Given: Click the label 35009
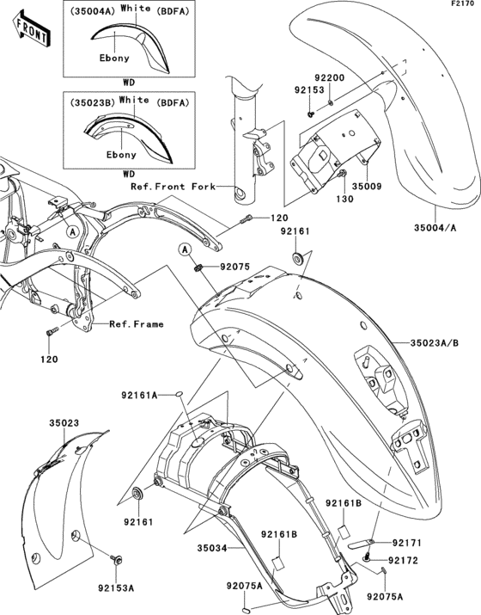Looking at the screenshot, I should click(x=366, y=185).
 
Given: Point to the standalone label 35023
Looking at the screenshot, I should click(x=64, y=424).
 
